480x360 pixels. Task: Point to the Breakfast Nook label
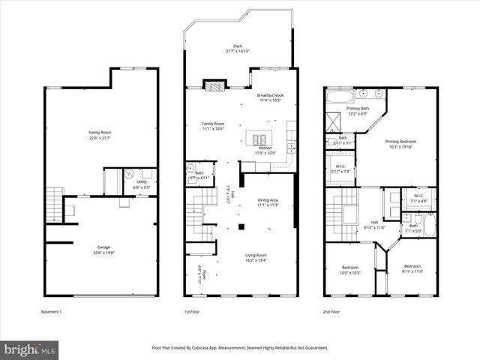click(270, 98)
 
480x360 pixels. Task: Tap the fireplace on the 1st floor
click(213, 85)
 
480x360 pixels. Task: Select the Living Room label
click(256, 257)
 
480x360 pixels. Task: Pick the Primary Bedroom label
click(402, 142)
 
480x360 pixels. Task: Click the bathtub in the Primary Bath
click(341, 97)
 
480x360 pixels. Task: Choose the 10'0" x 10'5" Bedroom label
click(349, 268)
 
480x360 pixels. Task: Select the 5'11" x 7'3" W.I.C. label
click(340, 169)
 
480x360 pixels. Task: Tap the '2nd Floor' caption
click(332, 311)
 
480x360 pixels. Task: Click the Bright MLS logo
click(30, 349)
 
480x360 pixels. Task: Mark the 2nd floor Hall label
click(373, 225)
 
